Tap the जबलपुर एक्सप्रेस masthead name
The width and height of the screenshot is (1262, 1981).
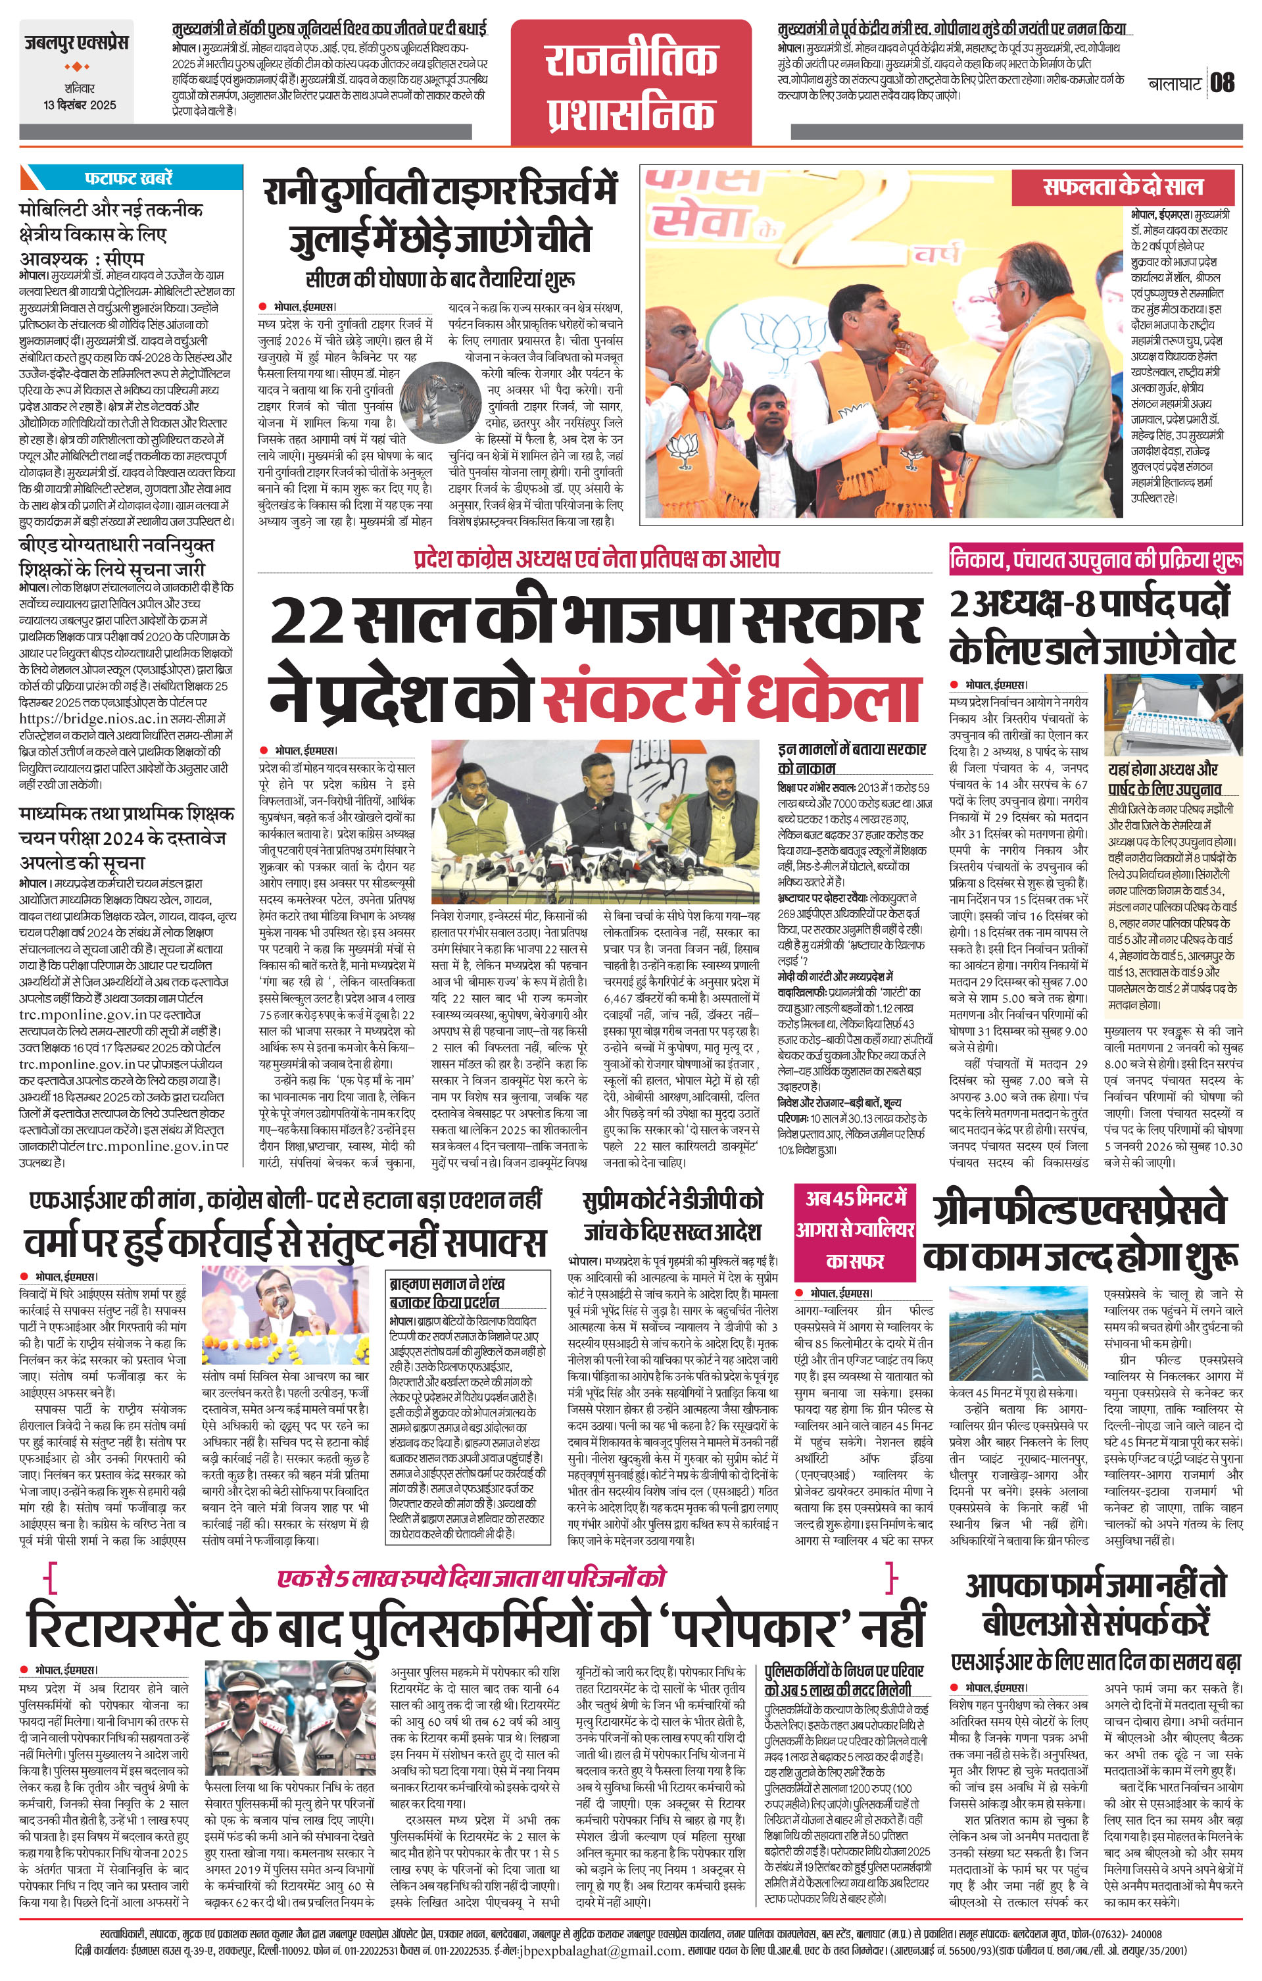click(76, 43)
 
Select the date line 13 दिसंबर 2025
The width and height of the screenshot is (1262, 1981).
click(80, 105)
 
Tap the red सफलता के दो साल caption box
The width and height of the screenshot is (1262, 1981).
click(1123, 186)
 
